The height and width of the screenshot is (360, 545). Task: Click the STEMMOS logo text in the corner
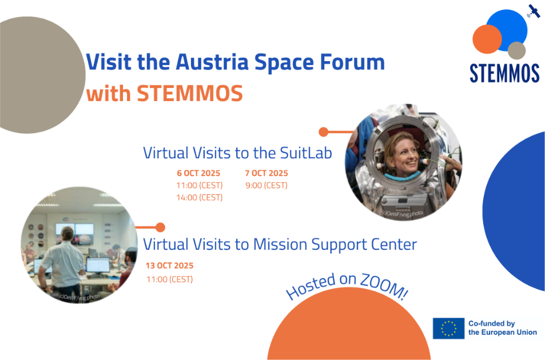[504, 73]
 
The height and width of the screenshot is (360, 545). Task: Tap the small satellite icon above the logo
[534, 11]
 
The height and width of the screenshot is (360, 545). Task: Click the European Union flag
[448, 329]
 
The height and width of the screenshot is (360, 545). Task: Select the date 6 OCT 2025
[199, 173]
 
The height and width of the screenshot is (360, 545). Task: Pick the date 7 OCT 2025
[266, 173]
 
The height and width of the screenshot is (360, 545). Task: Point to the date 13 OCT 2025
[169, 266]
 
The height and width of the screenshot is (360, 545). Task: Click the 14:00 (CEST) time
[200, 198]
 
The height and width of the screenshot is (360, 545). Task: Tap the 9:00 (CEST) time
[266, 186]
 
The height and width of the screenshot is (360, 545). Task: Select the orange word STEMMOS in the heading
[190, 94]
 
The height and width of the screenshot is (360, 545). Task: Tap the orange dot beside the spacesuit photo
[324, 132]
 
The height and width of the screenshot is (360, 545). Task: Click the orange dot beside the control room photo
[160, 227]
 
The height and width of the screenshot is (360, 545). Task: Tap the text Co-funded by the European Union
[502, 328]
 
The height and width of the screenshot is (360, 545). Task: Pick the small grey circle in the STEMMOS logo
[516, 50]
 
